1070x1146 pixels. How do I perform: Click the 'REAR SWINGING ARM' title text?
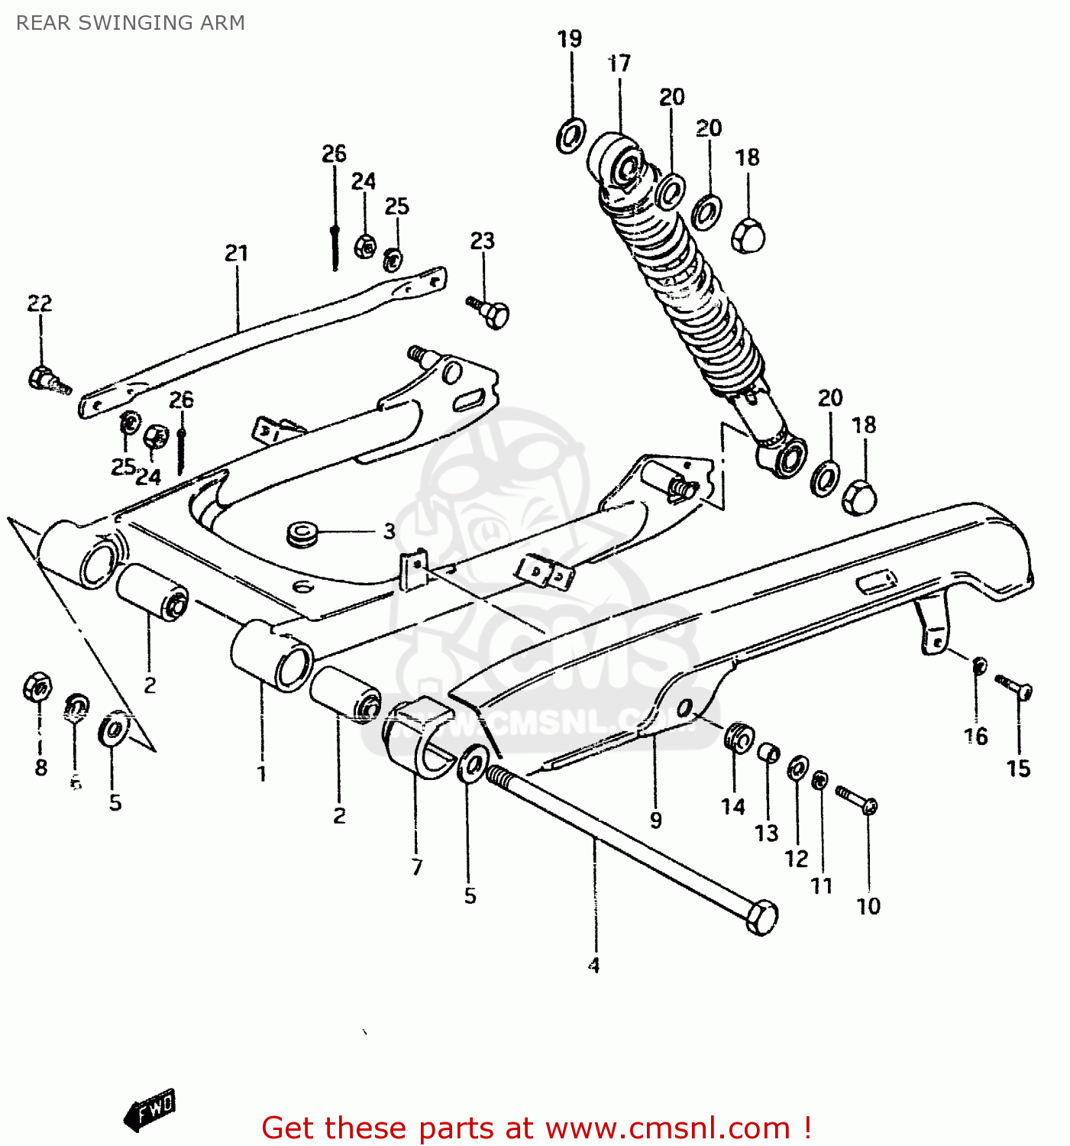tap(131, 23)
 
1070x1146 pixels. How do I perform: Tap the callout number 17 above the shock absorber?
tap(619, 63)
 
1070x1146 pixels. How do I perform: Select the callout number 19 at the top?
tap(570, 38)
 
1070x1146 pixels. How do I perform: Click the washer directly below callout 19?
tap(570, 136)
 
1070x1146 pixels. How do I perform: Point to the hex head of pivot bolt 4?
tap(761, 918)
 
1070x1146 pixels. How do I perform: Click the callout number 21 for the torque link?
tap(237, 253)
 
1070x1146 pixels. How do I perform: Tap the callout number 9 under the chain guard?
tap(655, 821)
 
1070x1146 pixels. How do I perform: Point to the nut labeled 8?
tap(37, 687)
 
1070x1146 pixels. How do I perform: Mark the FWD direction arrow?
tap(150, 1110)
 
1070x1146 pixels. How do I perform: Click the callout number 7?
tap(417, 867)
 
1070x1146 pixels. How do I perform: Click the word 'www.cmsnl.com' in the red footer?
tap(668, 1128)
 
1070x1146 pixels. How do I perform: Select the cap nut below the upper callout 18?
tap(748, 235)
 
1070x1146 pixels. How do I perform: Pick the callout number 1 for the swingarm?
tap(262, 773)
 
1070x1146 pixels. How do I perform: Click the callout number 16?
tap(976, 736)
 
